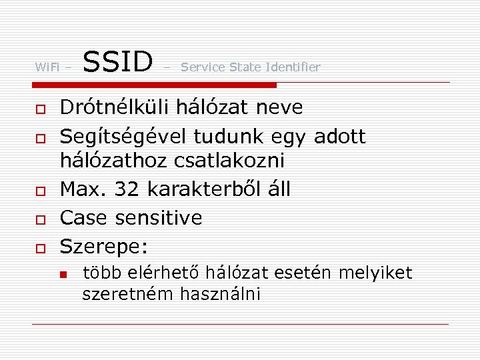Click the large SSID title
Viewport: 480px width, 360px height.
118,61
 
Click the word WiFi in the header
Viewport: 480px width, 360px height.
47,67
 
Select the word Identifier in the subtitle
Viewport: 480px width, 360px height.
293,67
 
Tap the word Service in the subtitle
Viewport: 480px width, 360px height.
203,67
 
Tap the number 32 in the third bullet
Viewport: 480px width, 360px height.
127,189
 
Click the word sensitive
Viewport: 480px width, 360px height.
159,218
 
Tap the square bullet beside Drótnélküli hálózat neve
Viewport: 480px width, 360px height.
40,109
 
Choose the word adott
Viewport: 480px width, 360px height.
339,137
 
